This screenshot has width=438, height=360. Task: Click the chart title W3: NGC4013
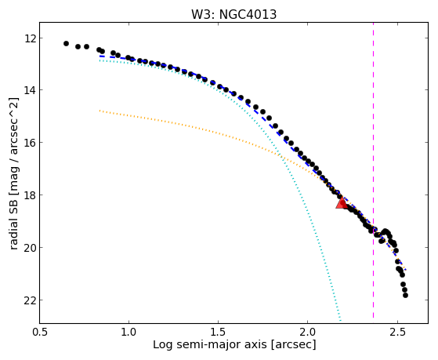coord(233,14)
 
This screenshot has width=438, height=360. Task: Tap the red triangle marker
coord(342,202)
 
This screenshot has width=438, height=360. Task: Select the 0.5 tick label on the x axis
coord(39,332)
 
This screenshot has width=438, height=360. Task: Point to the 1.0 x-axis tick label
coord(129,332)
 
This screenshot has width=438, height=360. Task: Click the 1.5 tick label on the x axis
coord(218,332)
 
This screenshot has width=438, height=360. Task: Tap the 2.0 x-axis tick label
coord(308,332)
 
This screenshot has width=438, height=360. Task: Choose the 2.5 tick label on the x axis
coord(397,332)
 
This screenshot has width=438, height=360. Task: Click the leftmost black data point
coord(66,43)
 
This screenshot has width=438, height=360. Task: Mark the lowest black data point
coord(405,295)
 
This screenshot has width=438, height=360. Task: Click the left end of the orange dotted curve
coord(100,111)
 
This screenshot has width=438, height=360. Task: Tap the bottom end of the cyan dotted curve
coord(341,320)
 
